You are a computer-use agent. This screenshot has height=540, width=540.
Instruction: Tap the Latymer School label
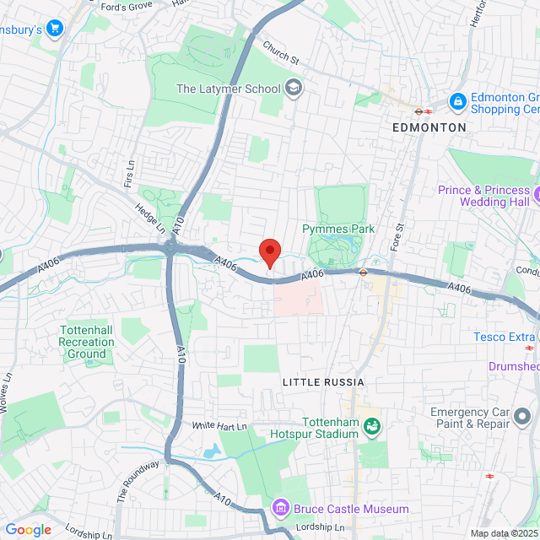(228, 87)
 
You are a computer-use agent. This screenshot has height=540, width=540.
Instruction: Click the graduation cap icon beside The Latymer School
(293, 87)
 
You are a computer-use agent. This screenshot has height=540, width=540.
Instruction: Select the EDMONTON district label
(429, 127)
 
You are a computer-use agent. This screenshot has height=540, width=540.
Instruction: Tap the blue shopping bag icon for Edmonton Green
(457, 101)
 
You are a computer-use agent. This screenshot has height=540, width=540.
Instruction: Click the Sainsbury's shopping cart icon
(56, 29)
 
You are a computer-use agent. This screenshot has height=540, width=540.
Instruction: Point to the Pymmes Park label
(337, 229)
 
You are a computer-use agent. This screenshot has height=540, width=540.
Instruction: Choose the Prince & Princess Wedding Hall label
(484, 196)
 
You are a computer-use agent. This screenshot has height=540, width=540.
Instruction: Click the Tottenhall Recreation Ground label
(86, 342)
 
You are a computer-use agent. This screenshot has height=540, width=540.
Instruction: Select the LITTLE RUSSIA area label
(315, 381)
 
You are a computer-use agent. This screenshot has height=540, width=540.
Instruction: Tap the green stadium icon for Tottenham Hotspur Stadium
(370, 427)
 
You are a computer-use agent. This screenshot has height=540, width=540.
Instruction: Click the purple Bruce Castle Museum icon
(279, 508)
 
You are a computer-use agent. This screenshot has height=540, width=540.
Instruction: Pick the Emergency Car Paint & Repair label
(483, 418)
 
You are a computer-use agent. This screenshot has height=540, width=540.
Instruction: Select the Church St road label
(280, 53)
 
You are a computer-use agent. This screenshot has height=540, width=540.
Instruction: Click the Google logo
(28, 530)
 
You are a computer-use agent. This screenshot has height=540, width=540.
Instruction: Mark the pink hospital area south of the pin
(297, 297)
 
